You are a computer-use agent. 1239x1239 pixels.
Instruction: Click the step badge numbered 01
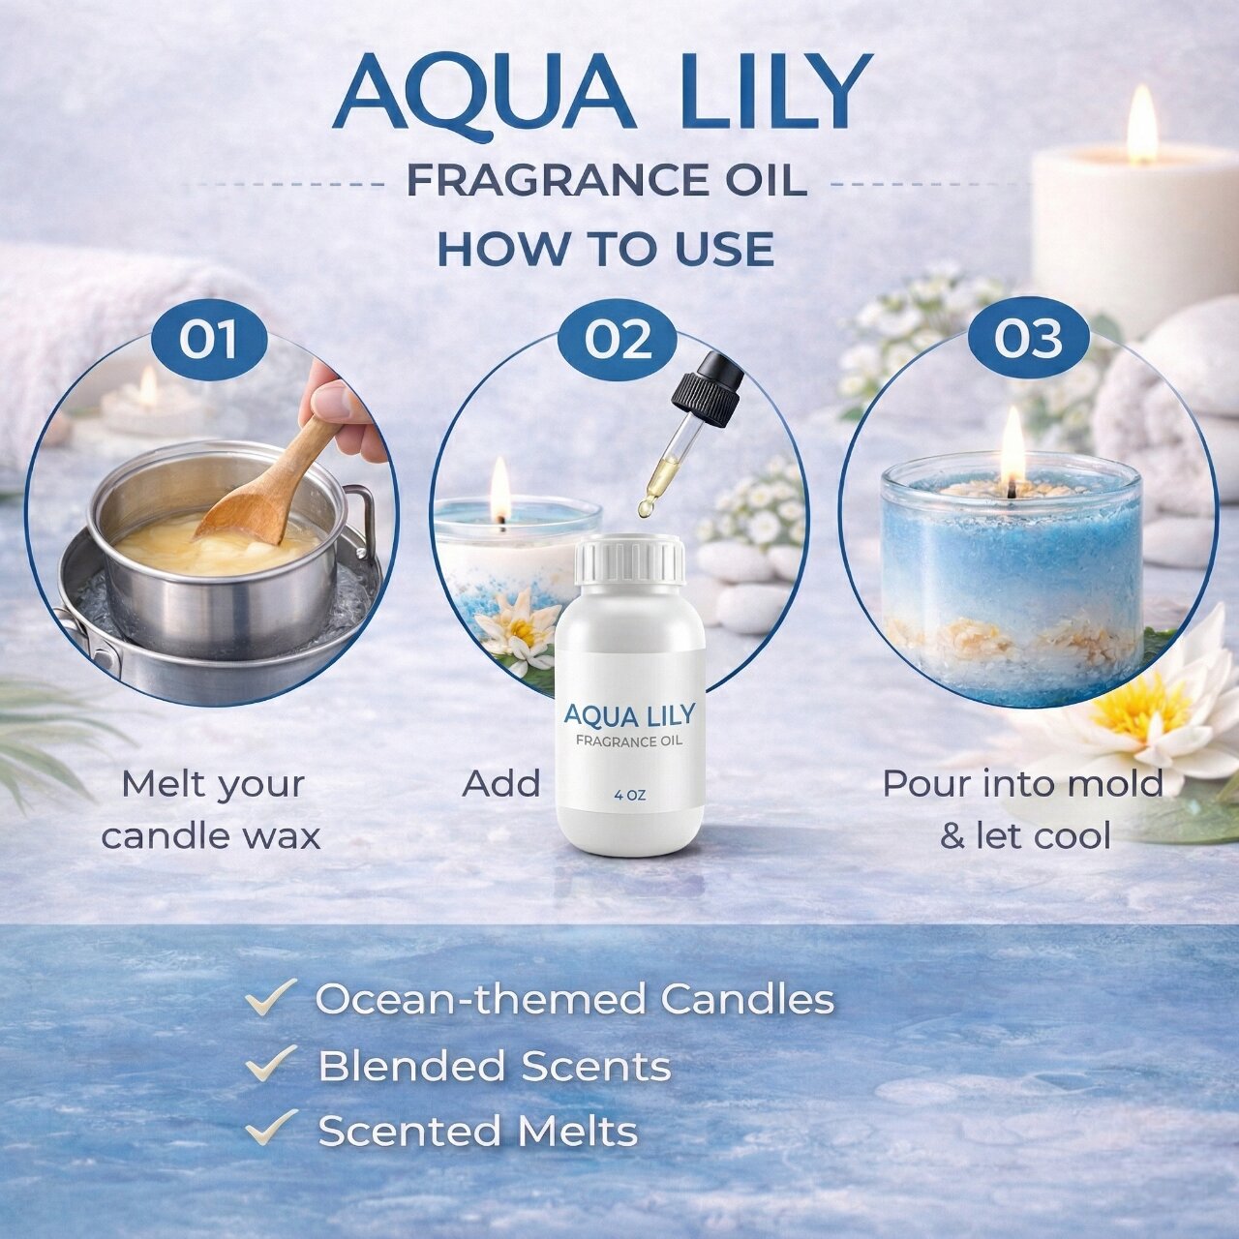[210, 339]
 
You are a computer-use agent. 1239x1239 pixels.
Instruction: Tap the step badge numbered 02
[618, 339]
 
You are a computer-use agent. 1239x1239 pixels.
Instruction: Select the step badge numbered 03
[1028, 339]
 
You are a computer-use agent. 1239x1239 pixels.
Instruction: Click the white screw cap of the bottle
[630, 559]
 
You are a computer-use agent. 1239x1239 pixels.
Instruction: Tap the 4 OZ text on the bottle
[630, 796]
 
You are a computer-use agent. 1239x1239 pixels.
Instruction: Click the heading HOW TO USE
[606, 249]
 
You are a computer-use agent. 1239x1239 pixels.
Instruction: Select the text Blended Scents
[495, 1066]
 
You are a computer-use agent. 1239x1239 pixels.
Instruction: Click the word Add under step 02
[500, 784]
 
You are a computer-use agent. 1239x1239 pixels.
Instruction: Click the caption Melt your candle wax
[212, 810]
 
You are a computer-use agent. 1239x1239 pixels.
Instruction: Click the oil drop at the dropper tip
[646, 508]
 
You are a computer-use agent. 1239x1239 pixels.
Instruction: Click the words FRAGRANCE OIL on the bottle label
[629, 741]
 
